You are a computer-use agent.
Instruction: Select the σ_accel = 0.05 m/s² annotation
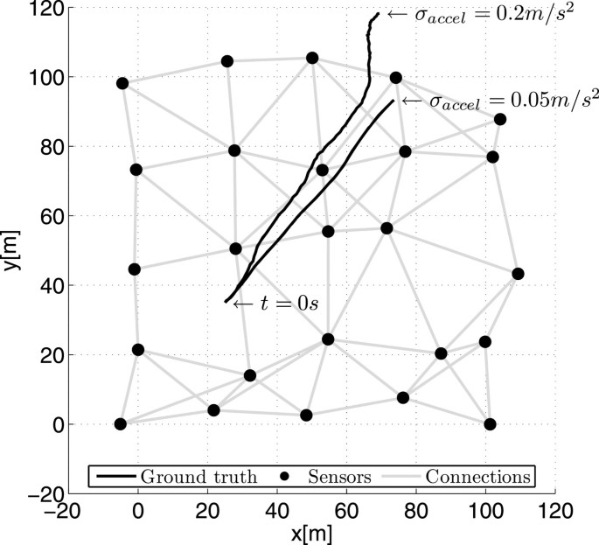pos(500,101)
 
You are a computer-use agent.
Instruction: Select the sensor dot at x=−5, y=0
pos(121,424)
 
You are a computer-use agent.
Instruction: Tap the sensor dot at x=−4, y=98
pos(122,83)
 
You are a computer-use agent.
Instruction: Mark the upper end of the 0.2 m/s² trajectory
pos(379,13)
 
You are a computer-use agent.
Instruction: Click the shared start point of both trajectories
pos(226,302)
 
